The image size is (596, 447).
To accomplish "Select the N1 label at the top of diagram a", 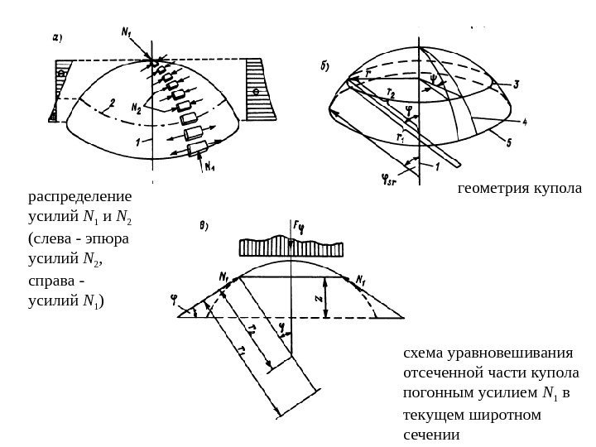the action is [x=126, y=34].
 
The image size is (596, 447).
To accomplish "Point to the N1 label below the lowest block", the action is [x=211, y=165].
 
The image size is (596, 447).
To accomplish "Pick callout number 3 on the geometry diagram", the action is [x=517, y=84].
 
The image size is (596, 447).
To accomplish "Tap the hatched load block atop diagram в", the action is [x=290, y=248].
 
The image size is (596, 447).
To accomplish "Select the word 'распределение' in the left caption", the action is [x=80, y=198].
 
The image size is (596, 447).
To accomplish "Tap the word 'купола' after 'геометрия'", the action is [x=556, y=189].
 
